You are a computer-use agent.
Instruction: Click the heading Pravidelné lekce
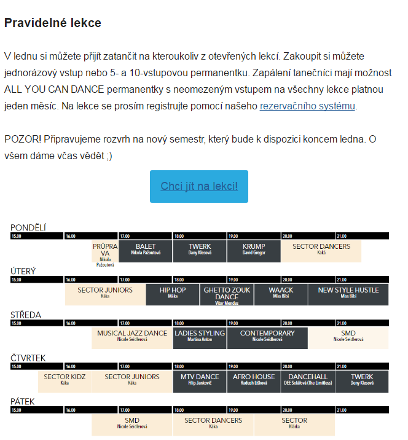[53, 23]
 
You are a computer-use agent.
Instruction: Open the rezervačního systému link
[307, 106]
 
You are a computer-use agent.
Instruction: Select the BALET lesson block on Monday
[146, 249]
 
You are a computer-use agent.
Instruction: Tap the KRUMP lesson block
[254, 249]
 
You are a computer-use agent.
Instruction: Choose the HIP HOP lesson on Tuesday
[173, 293]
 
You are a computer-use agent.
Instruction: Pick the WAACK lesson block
[281, 293]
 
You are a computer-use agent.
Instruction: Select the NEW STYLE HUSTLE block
[348, 293]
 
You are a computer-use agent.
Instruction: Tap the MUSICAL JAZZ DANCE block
[132, 336]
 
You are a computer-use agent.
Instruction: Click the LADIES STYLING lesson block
[200, 336]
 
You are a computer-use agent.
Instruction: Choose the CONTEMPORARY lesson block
[267, 336]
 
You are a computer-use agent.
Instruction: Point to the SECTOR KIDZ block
[65, 380]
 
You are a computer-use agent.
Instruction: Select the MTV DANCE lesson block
[200, 380]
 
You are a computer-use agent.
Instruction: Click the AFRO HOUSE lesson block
[254, 380]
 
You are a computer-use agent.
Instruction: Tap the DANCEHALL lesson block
[308, 380]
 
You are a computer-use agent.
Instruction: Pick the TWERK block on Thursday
[362, 380]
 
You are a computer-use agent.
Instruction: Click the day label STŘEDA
[26, 315]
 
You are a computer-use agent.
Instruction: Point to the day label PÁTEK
[23, 402]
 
